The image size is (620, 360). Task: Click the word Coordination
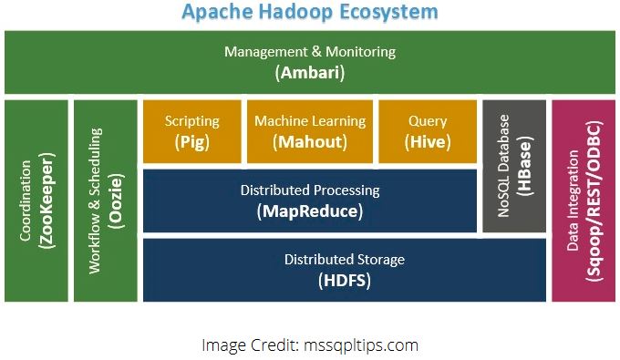click(x=25, y=201)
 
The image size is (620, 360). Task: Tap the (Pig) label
click(x=192, y=141)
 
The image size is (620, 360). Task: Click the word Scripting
click(x=192, y=121)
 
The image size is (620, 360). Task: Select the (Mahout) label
click(x=310, y=141)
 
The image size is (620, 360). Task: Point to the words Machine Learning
click(x=310, y=121)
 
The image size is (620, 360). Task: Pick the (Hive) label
click(x=428, y=141)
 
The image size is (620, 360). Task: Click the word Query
click(x=428, y=121)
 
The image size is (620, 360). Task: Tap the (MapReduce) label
click(x=310, y=211)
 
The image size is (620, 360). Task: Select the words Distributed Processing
click(x=310, y=191)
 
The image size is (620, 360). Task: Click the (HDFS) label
click(x=345, y=281)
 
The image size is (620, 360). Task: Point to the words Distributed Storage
click(x=345, y=261)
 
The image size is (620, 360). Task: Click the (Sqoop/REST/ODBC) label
click(x=594, y=201)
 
